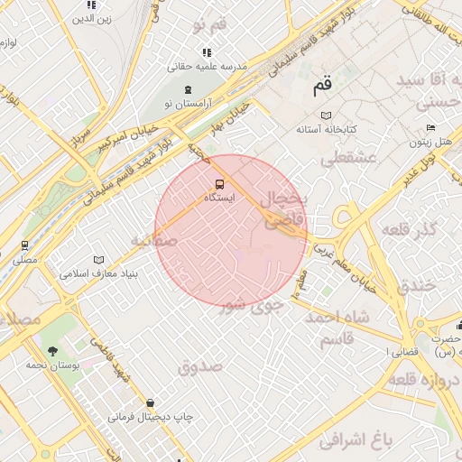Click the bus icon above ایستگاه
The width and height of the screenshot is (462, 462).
[x=208, y=184]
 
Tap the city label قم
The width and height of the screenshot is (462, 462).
[x=322, y=87]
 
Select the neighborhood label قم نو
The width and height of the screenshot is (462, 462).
[x=210, y=25]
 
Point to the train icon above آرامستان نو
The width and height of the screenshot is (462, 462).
[x=187, y=90]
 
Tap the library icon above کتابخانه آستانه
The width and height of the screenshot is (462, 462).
[x=326, y=115]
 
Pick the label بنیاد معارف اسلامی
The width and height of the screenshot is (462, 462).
[x=99, y=273]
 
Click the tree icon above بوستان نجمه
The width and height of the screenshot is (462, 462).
[x=52, y=350]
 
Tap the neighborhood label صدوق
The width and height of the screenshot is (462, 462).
[x=199, y=366]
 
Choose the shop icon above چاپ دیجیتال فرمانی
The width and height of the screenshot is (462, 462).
[x=150, y=402]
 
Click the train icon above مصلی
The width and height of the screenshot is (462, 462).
[x=24, y=245]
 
